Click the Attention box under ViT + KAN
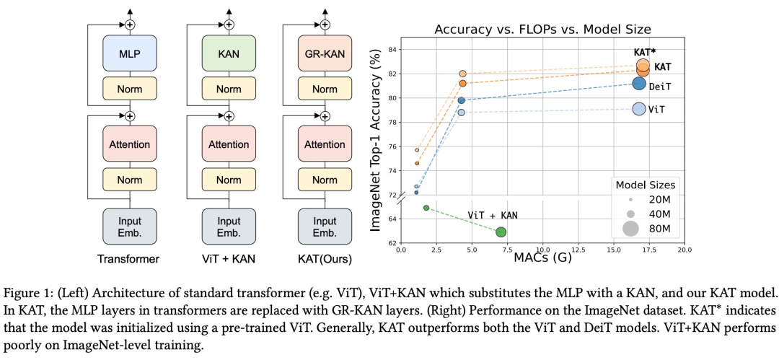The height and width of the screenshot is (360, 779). coord(229,145)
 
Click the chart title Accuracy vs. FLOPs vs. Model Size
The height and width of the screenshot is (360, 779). coord(542,30)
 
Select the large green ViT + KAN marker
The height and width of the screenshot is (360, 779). coord(501,232)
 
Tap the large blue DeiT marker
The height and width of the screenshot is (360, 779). coord(638,84)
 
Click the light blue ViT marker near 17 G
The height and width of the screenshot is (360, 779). coord(638,109)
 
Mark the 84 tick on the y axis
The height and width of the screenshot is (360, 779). coord(392,50)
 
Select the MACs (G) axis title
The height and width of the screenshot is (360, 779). coord(542,258)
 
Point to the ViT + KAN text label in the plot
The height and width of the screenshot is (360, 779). coord(493,215)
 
